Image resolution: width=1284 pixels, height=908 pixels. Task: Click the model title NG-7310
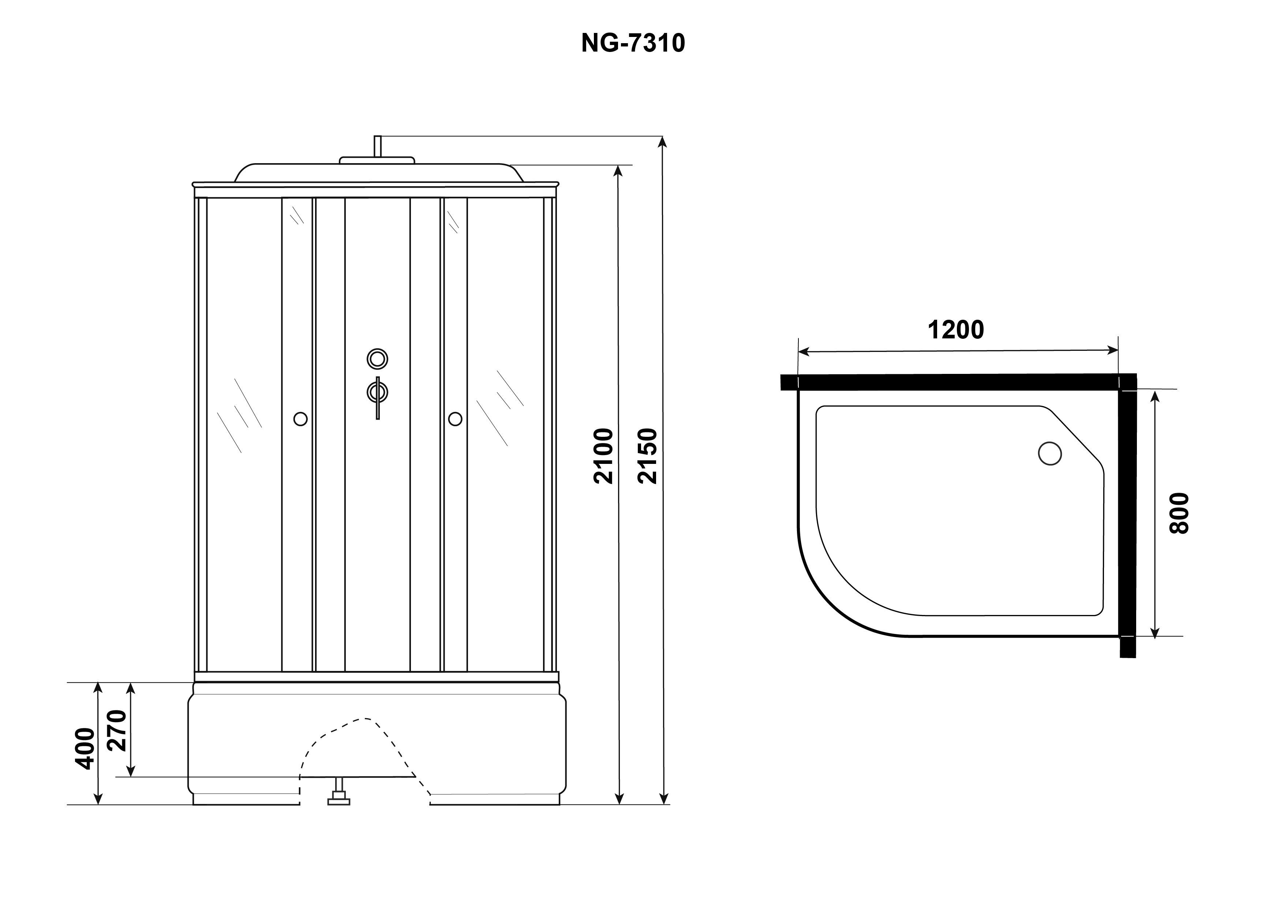[x=633, y=43]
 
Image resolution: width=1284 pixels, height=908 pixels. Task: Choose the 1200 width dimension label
[x=956, y=330]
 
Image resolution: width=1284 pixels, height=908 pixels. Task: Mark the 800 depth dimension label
[x=1179, y=513]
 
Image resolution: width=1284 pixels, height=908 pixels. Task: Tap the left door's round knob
[x=300, y=419]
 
